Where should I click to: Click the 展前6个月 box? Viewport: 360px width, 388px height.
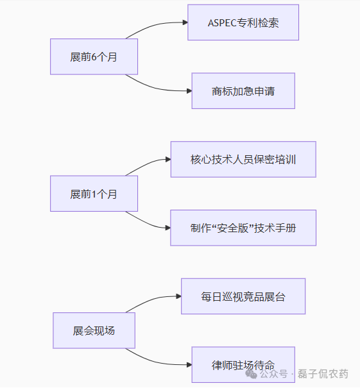click(x=94, y=56)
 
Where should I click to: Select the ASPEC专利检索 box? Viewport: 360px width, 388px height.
click(x=243, y=22)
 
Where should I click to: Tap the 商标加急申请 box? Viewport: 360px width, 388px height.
click(x=243, y=91)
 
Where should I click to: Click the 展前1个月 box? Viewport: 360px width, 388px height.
click(x=94, y=194)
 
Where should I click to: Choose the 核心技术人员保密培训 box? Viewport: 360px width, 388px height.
click(x=243, y=159)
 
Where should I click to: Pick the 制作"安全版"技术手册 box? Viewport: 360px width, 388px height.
click(x=243, y=228)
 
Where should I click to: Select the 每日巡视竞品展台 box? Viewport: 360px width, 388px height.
click(x=243, y=296)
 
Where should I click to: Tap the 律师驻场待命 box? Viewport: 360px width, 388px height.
click(x=243, y=365)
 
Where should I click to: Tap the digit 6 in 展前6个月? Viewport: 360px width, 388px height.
click(x=94, y=56)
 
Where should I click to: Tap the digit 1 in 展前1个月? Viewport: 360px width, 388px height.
click(x=94, y=194)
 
